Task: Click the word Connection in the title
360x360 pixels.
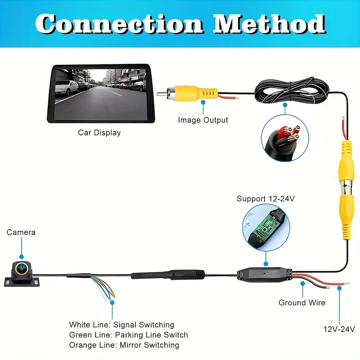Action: tap(119, 24)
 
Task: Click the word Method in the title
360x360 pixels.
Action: tap(269, 24)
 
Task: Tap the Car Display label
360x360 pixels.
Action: tap(99, 133)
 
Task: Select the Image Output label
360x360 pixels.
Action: tap(203, 120)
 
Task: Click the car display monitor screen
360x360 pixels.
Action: tap(101, 94)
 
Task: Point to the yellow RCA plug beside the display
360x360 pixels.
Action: tap(187, 94)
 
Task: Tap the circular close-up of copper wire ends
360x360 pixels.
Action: tap(285, 138)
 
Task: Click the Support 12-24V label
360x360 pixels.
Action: tap(265, 198)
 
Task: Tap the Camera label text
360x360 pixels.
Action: tap(21, 232)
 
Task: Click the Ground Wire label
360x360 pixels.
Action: tap(302, 302)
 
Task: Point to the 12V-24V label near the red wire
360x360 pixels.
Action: tap(339, 329)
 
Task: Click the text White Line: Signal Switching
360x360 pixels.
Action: tap(121, 324)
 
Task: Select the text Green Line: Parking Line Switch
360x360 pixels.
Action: tap(129, 335)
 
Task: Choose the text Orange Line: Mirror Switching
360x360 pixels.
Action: tap(124, 345)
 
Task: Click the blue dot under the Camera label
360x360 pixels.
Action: tap(22, 256)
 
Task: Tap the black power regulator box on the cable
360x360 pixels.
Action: tap(265, 274)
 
